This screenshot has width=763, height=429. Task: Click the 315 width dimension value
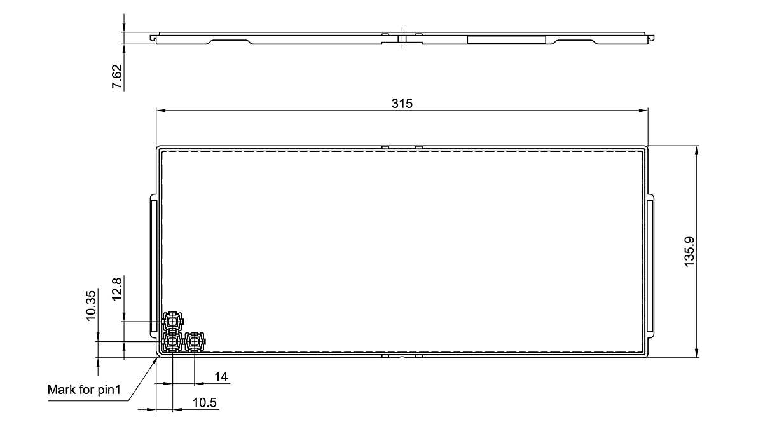pyautogui.click(x=402, y=103)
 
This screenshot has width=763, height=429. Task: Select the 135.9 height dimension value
pyautogui.click(x=689, y=252)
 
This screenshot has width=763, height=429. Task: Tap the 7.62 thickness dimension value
pyautogui.click(x=117, y=77)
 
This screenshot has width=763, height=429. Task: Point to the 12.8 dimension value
pyautogui.click(x=117, y=289)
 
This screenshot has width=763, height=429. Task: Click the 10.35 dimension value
pyautogui.click(x=91, y=306)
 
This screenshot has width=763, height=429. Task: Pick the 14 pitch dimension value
pyautogui.click(x=221, y=376)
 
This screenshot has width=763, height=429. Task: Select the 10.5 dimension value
pyautogui.click(x=204, y=402)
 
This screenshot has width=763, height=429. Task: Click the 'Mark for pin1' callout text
pyautogui.click(x=84, y=390)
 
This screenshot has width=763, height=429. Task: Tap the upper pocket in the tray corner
pyautogui.click(x=173, y=321)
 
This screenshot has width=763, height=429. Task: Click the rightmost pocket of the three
pyautogui.click(x=195, y=341)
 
